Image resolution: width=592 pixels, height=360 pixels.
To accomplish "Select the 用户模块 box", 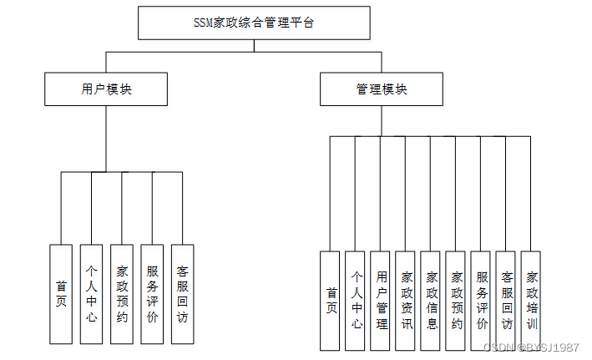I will pos(106,89).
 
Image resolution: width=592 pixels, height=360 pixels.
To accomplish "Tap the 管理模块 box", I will pos(381,89).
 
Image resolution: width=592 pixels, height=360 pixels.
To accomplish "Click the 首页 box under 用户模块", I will pos(61,294).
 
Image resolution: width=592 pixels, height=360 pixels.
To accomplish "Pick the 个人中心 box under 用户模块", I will pos(91,294).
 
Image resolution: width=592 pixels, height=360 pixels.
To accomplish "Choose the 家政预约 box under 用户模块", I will pos(122,294).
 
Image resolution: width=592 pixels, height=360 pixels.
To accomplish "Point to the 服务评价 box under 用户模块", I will pos(152,294).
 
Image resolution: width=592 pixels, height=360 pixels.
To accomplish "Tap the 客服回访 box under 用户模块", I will pos(182,294).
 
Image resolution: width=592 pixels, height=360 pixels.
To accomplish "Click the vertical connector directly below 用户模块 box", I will pos(106,139).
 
